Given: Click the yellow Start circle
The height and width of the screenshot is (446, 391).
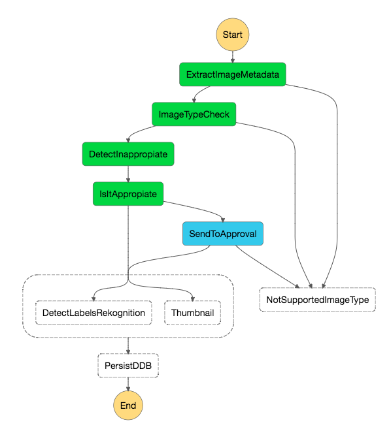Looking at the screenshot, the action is [x=232, y=35].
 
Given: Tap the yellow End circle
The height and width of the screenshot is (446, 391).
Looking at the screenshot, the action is [x=128, y=406].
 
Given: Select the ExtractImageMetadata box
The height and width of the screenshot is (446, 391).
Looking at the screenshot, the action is [x=232, y=74].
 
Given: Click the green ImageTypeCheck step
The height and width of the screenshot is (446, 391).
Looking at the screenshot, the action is [x=194, y=114].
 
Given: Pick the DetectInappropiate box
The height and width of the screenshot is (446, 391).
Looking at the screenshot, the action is [x=128, y=154].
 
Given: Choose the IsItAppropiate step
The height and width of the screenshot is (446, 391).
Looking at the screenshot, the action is [x=128, y=194].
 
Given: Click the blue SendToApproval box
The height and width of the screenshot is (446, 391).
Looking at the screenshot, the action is [x=223, y=234].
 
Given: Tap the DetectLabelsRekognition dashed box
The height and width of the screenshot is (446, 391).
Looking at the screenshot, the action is [x=93, y=313].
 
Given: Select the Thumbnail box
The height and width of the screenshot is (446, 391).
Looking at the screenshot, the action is [x=192, y=313].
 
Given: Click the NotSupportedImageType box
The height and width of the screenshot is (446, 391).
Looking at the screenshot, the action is [x=318, y=300].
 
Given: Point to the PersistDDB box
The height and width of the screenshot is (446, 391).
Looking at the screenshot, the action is [x=128, y=366].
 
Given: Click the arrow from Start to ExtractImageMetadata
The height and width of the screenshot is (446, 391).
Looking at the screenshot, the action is [x=233, y=57].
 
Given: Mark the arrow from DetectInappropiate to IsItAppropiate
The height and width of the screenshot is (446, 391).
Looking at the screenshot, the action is [x=128, y=174].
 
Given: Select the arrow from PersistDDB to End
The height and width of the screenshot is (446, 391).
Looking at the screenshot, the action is [x=128, y=384].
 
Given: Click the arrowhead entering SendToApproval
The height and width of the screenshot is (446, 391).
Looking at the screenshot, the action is [x=223, y=220].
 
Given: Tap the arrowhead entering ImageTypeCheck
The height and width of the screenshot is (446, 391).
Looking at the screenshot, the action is [x=194, y=101].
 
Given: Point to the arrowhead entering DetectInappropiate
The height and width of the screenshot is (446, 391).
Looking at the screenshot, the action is [x=128, y=140].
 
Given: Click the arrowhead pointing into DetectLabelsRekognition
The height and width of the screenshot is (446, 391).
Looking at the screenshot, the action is [x=93, y=298].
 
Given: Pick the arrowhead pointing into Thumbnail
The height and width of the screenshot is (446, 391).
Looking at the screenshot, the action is [x=193, y=298].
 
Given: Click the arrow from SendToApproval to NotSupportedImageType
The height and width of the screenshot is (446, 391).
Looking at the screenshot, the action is [x=267, y=267].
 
